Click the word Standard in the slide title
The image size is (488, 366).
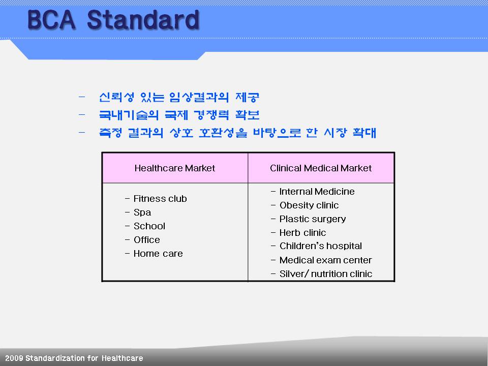pos(143,20)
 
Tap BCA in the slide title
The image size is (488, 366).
pos(51,20)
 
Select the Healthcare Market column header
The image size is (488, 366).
pos(174,168)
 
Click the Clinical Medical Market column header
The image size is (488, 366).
pos(321,168)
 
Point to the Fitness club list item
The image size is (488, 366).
pos(160,199)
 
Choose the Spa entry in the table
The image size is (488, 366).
pos(142,212)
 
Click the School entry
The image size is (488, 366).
pos(149,226)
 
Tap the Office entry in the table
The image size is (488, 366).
pos(146,239)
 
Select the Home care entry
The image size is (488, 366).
pos(158,254)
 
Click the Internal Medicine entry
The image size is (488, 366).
pos(317,192)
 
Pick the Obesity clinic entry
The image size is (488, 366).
pos(309,205)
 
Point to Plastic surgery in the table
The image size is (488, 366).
pos(313,219)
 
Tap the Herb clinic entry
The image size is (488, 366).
pos(302,232)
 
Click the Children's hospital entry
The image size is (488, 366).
pos(321,246)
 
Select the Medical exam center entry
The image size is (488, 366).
pos(325,260)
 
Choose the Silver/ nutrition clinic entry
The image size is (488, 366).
pos(325,273)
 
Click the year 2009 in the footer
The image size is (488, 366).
pos(14,358)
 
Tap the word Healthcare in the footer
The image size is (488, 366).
pos(123,358)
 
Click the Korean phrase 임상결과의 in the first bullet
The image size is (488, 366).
pos(199,98)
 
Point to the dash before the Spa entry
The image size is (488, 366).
pos(127,212)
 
